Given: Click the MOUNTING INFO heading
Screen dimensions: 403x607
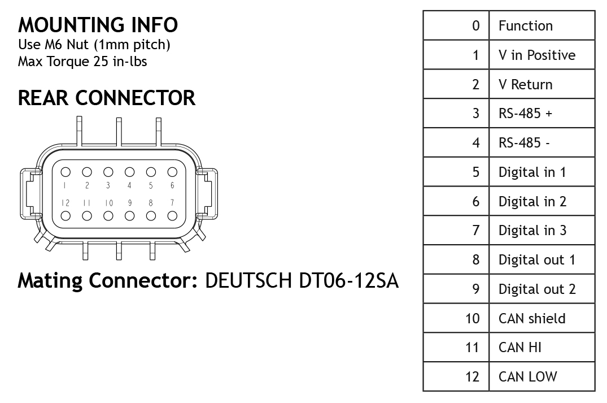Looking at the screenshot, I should [98, 25].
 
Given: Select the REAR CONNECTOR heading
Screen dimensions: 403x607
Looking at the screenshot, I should [107, 98].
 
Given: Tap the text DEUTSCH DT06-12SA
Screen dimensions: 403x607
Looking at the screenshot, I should [302, 280].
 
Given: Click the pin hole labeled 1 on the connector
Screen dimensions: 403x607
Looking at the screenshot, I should [65, 172].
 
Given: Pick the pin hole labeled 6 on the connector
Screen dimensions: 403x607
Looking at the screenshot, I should [172, 172].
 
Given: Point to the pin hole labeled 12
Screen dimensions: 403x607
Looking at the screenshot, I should [65, 215].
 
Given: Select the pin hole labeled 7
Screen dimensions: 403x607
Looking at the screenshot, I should [172, 215].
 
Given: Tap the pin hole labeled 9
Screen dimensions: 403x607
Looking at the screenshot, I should [130, 215].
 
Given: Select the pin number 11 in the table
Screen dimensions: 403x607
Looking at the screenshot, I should [472, 348].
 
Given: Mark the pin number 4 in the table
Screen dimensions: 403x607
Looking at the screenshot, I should [475, 143].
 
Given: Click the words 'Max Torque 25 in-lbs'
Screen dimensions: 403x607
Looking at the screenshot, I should [82, 62].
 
